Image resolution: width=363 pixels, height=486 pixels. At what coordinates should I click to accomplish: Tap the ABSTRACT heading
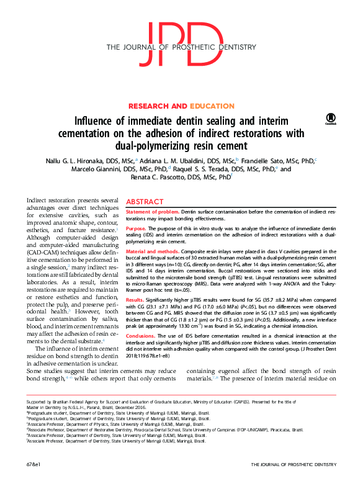point(145,202)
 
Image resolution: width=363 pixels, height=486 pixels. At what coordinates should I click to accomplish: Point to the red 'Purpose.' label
point(137,228)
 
